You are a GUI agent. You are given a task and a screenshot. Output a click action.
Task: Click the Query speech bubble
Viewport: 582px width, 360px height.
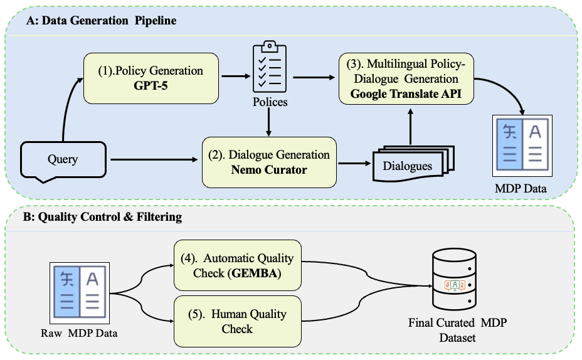(x=63, y=159)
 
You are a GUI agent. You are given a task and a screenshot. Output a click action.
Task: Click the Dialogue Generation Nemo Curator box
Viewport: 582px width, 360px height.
(x=270, y=162)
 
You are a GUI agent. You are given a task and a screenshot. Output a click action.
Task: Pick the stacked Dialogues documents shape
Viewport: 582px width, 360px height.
(x=408, y=164)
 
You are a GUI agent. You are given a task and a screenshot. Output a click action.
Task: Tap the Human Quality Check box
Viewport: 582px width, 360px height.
(x=237, y=320)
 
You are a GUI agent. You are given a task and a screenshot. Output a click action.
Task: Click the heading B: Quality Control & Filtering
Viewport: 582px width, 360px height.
(x=104, y=218)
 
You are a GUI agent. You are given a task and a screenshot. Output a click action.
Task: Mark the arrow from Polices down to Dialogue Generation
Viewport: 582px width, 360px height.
(x=269, y=120)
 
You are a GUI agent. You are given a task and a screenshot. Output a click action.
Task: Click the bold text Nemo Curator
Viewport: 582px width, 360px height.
(x=270, y=169)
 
